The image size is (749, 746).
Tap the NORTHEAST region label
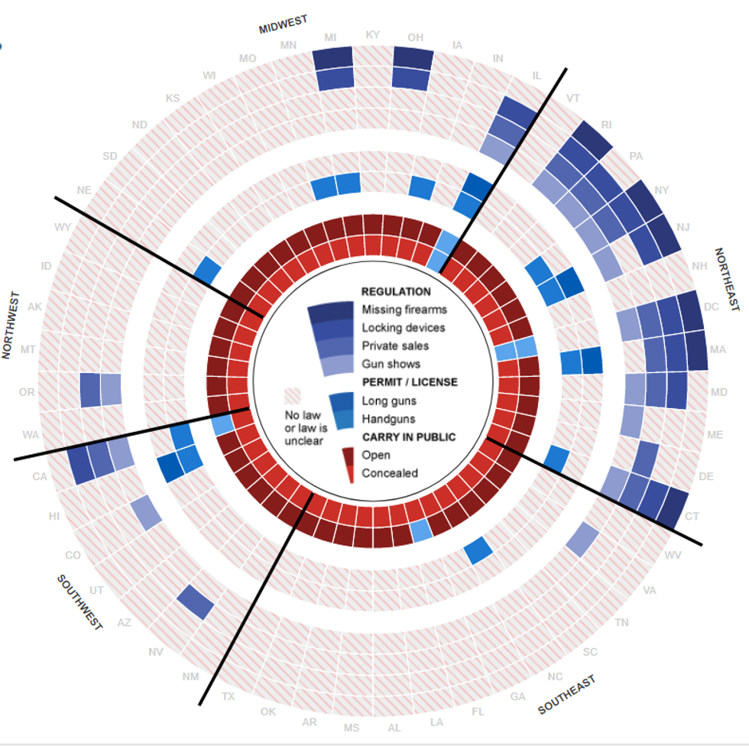tap(727, 279)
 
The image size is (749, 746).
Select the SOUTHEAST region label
tap(566, 695)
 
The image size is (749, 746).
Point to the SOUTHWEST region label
tap(79, 602)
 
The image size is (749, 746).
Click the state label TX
tap(229, 696)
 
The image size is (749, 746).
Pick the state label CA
tap(38, 477)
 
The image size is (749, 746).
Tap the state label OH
tap(416, 37)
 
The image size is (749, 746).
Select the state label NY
tap(662, 190)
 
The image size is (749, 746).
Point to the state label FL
tap(478, 711)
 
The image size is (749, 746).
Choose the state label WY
tap(63, 227)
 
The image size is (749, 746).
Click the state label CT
tap(692, 517)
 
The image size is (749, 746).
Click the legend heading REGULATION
tap(396, 292)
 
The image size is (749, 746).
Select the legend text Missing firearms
tap(404, 310)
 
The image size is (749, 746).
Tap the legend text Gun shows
tap(391, 364)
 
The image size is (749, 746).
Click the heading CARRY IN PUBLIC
tap(408, 437)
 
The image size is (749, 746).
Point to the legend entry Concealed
tap(390, 473)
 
